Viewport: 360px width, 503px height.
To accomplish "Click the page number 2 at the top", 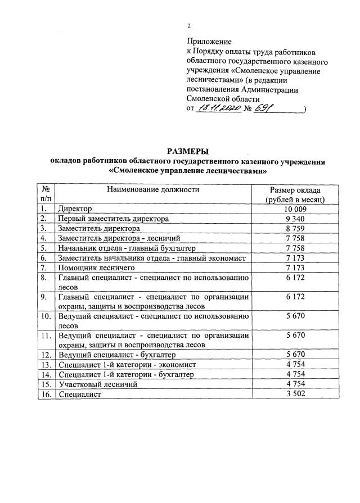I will (190, 26).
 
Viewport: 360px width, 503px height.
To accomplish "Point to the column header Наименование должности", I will (153, 190).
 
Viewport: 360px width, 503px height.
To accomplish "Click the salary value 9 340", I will (295, 218).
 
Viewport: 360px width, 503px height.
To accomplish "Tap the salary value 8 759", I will (295, 228).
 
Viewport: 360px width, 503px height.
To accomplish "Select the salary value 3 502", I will (295, 395).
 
